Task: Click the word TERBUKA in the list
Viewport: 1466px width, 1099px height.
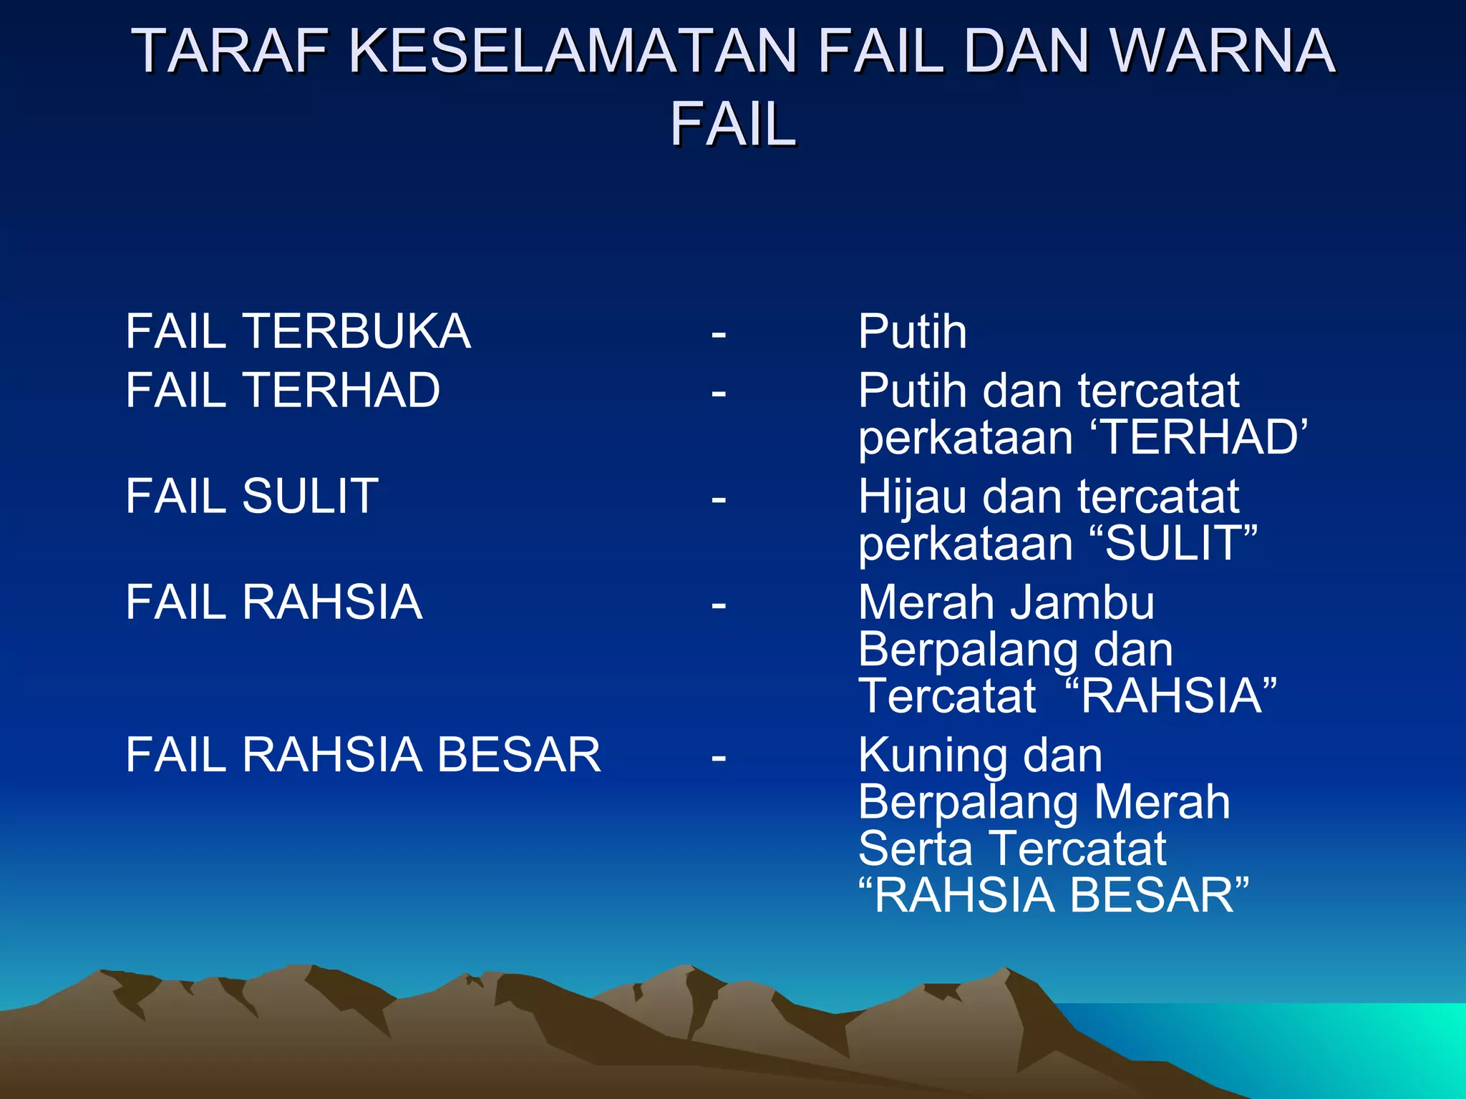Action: tap(356, 331)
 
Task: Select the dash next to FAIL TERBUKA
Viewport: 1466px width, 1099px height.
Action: tap(719, 333)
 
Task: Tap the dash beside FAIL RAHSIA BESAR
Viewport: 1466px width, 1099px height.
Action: tap(719, 757)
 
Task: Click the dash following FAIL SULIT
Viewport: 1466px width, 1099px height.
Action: tap(719, 498)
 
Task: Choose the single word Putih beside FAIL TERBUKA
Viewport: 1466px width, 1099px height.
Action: tap(913, 331)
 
